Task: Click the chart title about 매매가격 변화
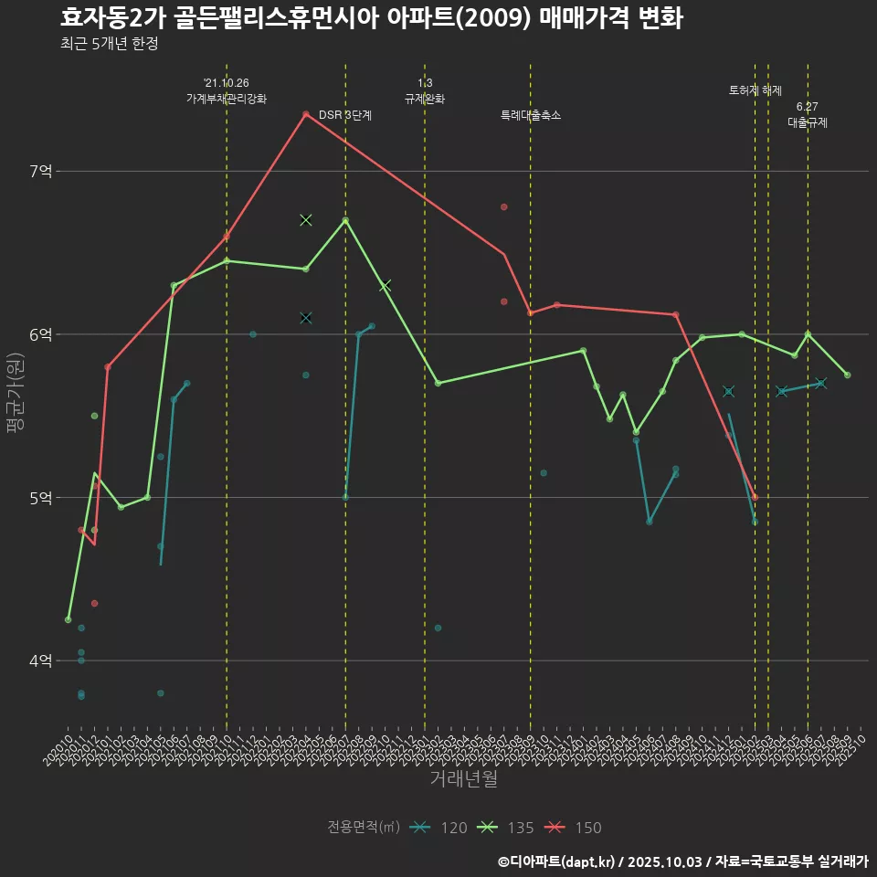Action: point(372,18)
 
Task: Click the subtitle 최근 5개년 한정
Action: point(110,44)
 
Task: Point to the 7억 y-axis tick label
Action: point(41,171)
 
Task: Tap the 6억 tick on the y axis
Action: point(41,334)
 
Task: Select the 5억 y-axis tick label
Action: point(41,498)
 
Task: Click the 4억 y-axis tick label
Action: point(41,660)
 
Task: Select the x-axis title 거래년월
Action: point(463,779)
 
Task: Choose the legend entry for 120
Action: point(438,828)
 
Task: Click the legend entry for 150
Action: point(574,828)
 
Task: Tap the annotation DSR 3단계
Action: point(345,116)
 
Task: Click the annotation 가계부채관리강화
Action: point(227,99)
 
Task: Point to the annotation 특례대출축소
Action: point(531,116)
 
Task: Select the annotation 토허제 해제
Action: point(755,90)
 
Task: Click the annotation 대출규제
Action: point(808,122)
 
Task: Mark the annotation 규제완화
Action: point(425,99)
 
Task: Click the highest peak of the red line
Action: point(306,114)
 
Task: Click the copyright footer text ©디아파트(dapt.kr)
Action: point(557,861)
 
